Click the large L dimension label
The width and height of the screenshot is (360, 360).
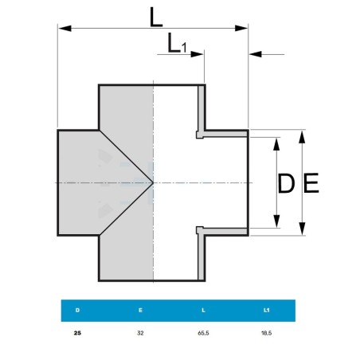156,18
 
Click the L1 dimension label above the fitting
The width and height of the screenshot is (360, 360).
177,43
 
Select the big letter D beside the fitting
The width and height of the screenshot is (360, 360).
286,183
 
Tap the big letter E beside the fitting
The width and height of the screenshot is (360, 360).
311,182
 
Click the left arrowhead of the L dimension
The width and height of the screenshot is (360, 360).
65,28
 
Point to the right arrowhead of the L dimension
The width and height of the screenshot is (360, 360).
241,28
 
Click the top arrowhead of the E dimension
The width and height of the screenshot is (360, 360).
302,137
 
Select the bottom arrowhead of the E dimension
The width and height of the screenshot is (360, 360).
302,229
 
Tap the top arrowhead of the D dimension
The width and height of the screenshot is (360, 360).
276,144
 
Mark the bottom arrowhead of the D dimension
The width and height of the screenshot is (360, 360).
276,221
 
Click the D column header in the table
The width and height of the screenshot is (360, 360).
77,310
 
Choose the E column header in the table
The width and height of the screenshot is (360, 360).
140,310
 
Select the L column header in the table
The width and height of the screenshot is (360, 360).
203,310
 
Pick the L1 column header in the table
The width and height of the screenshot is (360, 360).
267,310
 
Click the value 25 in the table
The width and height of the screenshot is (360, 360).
77,333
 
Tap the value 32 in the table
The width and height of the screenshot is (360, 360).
140,333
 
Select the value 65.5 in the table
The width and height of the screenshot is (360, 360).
203,333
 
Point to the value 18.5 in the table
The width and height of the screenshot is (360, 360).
267,333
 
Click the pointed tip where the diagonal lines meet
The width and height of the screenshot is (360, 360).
153,182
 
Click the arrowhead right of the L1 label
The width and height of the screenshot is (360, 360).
197,54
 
